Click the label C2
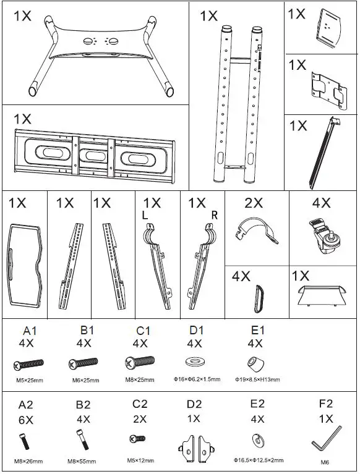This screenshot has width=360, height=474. [140, 404]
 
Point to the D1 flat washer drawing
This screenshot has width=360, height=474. [195, 362]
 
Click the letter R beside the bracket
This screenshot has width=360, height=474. [215, 214]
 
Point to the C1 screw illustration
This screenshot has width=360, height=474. [140, 363]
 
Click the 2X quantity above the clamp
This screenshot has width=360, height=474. [253, 203]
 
